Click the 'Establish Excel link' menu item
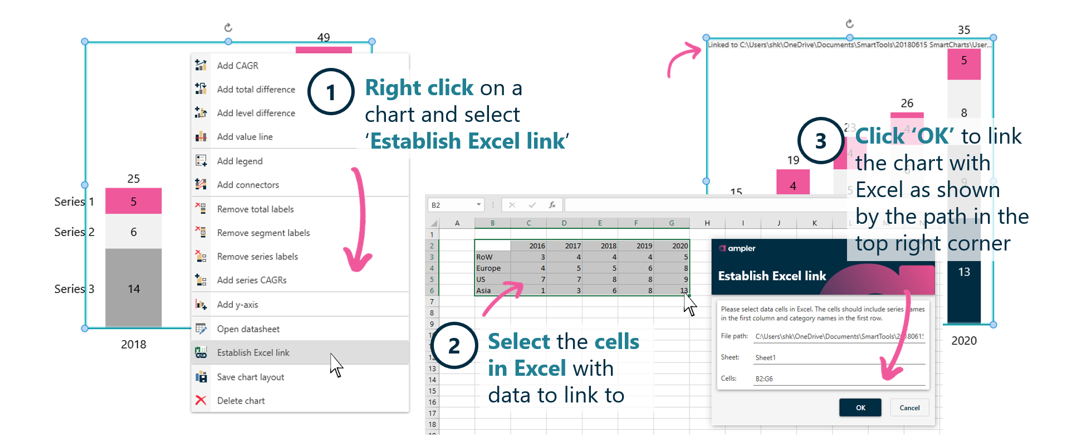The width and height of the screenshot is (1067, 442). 253,352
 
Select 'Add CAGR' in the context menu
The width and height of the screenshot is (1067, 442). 237,66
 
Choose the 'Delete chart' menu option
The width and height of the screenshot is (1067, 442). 241,401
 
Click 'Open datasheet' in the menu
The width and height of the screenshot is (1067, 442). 248,329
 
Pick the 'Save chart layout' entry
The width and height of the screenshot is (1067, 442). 250,377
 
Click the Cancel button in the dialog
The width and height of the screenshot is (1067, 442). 909,407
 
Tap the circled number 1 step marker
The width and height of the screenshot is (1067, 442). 331,92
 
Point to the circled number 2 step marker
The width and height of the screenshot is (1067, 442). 454,346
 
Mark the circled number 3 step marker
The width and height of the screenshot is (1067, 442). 820,141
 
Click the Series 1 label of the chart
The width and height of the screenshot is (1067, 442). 74,202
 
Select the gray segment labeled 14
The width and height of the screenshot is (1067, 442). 134,288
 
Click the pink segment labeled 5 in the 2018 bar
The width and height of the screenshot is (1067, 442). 134,202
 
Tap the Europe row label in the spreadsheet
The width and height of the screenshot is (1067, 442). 488,268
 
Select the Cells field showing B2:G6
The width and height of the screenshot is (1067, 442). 838,379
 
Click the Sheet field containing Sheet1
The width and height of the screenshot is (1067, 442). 838,357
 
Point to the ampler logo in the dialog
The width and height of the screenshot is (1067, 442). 737,248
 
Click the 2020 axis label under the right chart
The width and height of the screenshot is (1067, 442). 963,341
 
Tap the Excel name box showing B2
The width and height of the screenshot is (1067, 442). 454,205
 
